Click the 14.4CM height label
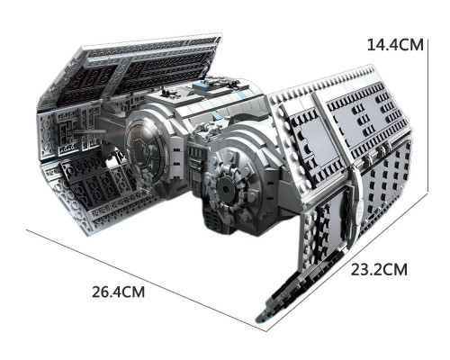point(395,45)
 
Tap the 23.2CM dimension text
point(379,269)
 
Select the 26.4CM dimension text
point(118,292)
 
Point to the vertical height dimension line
point(427,117)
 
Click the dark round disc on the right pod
point(224,188)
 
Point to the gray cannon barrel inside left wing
point(90,131)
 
